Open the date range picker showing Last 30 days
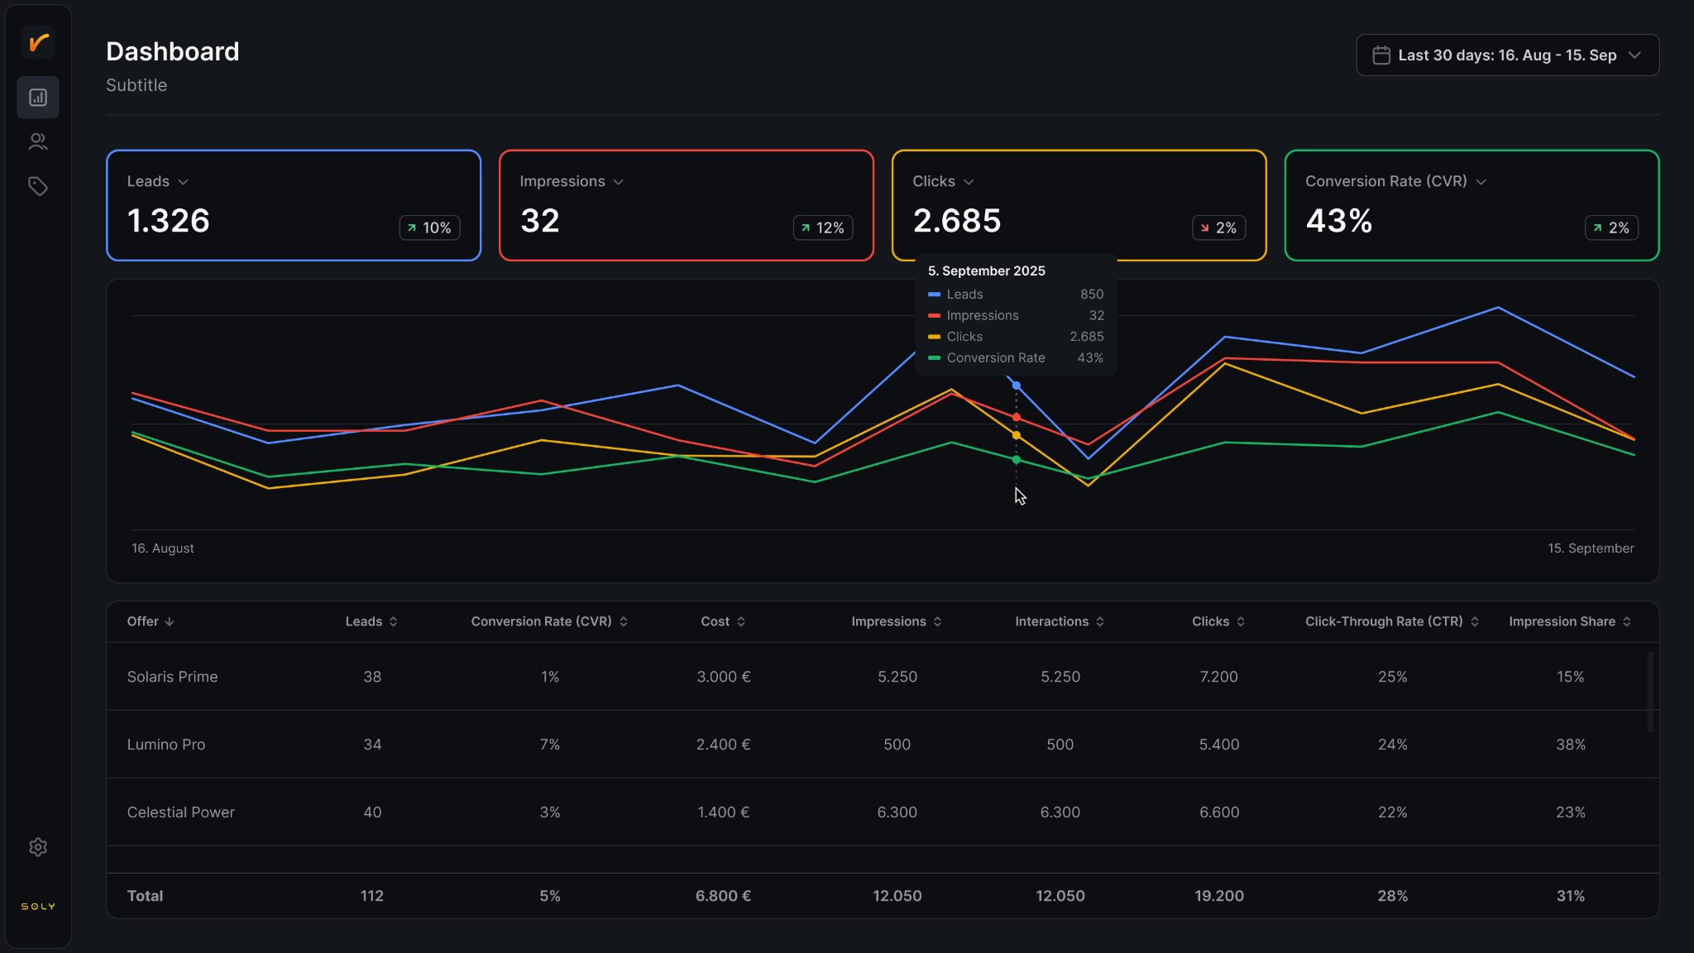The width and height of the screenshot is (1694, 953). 1507,55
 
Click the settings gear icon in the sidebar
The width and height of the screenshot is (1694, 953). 38,847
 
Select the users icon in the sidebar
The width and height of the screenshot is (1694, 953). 38,142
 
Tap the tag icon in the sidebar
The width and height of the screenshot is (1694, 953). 38,186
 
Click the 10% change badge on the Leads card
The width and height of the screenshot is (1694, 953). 430,227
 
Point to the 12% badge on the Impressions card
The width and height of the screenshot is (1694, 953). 823,227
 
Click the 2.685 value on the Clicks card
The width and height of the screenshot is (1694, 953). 957,221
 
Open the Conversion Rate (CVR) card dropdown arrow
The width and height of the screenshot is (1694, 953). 1481,182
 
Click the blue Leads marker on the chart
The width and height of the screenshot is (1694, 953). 1017,386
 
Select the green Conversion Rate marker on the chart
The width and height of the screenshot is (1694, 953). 1017,460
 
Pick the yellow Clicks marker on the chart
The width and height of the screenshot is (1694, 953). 1017,435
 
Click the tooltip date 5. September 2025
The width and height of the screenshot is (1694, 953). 987,271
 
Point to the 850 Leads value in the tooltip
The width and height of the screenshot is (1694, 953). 1092,295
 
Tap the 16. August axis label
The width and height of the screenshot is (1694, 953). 163,548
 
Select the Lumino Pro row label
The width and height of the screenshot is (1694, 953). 166,745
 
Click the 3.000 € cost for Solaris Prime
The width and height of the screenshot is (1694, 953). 724,677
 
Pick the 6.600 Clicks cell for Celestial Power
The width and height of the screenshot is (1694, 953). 1219,812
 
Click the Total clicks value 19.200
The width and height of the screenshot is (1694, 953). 1219,896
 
